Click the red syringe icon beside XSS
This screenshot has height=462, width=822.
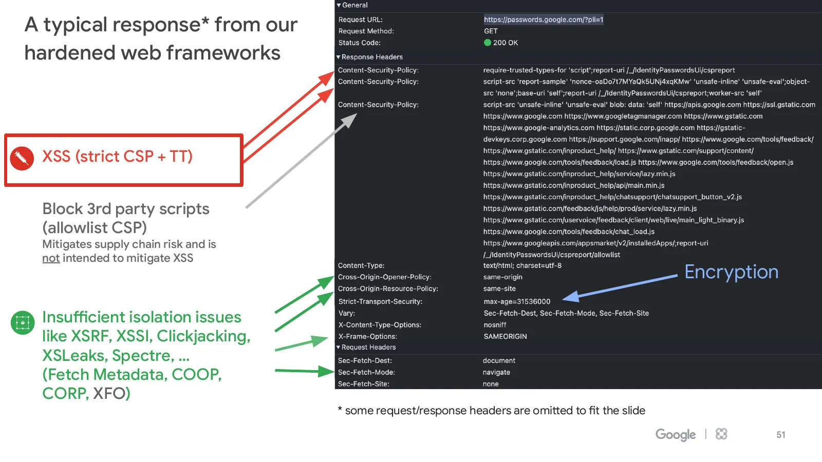[22, 159]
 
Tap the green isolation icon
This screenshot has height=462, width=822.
[23, 323]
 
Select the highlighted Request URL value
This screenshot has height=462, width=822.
[544, 20]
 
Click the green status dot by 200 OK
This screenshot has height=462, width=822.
[488, 43]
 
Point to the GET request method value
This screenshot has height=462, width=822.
[491, 31]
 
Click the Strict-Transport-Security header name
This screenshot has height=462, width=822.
[380, 301]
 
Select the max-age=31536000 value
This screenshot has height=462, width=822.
[517, 301]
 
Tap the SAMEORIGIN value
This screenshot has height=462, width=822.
[505, 336]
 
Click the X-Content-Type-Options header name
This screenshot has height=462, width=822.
[380, 325]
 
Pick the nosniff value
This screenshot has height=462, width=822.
[495, 325]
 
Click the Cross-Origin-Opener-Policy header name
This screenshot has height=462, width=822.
[385, 277]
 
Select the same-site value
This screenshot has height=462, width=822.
[499, 288]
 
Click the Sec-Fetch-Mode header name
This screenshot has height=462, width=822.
[366, 372]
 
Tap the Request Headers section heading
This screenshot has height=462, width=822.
[368, 347]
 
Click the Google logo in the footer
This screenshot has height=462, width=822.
[675, 435]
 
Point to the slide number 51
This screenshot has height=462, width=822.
[780, 435]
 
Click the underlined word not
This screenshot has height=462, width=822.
[51, 258]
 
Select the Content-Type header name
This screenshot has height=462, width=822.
[361, 265]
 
